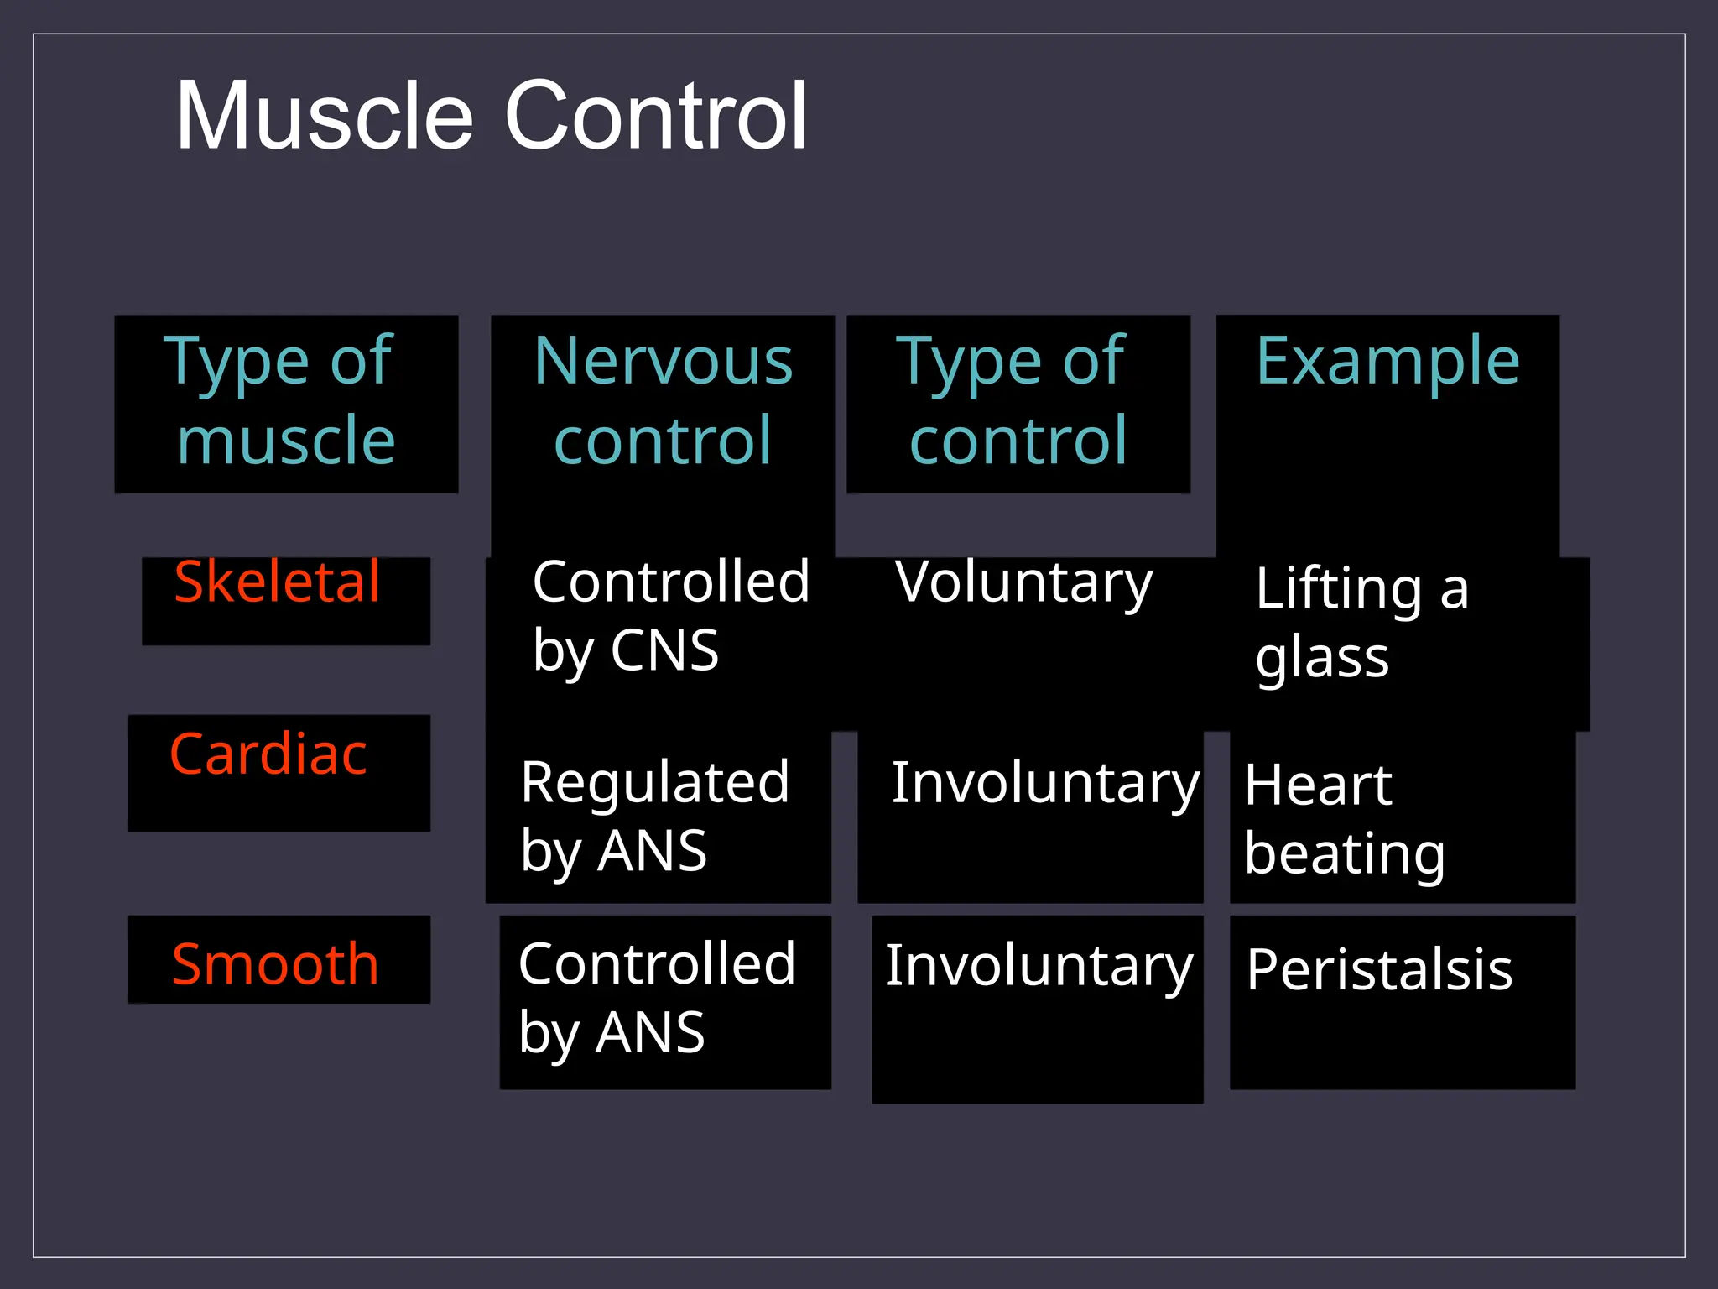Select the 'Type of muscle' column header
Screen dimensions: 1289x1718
[x=285, y=401]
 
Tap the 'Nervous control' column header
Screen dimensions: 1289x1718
[x=663, y=401]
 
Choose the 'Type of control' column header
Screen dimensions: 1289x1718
[x=1017, y=401]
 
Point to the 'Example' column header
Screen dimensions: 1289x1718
[x=1387, y=361]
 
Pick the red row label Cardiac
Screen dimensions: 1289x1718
[x=268, y=754]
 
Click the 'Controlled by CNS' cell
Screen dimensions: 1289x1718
[x=669, y=617]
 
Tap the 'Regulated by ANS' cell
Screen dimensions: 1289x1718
[x=654, y=817]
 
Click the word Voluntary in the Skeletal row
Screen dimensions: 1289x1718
[x=1023, y=583]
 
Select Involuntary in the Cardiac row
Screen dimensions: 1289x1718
[x=1044, y=783]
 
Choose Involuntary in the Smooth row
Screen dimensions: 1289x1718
[x=1039, y=966]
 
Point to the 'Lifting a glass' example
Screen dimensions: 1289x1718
[x=1361, y=623]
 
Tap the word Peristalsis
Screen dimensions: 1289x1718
[x=1379, y=970]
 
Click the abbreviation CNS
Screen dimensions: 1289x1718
[x=664, y=651]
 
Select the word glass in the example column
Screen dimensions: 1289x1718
[x=1322, y=659]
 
